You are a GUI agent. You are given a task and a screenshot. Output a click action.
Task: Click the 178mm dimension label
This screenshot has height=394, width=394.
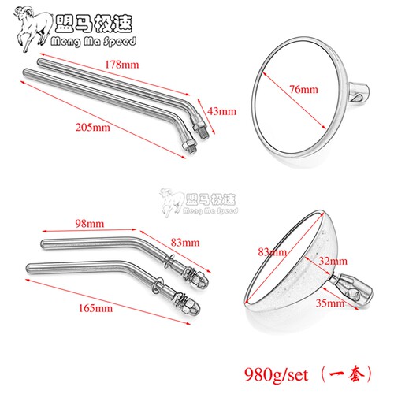click(x=122, y=65)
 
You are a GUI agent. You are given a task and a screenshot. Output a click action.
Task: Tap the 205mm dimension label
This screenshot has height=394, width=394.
click(x=93, y=128)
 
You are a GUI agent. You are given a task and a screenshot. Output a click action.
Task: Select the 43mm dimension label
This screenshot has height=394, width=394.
click(x=221, y=111)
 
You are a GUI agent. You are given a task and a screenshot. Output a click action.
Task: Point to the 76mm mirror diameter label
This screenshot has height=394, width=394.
click(x=303, y=90)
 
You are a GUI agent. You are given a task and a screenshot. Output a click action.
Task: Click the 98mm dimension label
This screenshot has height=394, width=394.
click(x=90, y=224)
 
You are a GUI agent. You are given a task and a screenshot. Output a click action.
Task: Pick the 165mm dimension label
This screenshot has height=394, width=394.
click(x=95, y=308)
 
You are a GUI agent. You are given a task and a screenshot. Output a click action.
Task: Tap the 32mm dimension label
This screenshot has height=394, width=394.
click(x=333, y=261)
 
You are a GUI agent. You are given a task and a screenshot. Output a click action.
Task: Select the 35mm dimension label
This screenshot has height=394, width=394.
click(x=330, y=303)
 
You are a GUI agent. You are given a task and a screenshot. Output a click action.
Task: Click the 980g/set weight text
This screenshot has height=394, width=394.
click(x=276, y=374)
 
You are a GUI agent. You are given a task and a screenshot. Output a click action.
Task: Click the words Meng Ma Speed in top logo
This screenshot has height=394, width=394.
click(x=94, y=42)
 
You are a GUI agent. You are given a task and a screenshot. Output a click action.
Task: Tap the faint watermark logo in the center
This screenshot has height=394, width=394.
click(x=199, y=203)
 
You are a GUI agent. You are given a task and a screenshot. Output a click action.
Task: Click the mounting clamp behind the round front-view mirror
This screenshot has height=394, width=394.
click(x=359, y=93)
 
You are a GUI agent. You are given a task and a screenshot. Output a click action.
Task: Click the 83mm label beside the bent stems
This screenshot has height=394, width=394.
click(x=185, y=243)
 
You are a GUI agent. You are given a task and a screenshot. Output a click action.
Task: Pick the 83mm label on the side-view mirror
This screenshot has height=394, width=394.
click(x=272, y=252)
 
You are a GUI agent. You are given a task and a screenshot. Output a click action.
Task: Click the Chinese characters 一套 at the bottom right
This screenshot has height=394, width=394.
click(x=347, y=374)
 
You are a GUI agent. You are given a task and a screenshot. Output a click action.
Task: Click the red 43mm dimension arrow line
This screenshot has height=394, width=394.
click(x=206, y=117)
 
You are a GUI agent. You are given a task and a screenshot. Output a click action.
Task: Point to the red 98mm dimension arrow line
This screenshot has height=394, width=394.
click(x=89, y=230)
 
